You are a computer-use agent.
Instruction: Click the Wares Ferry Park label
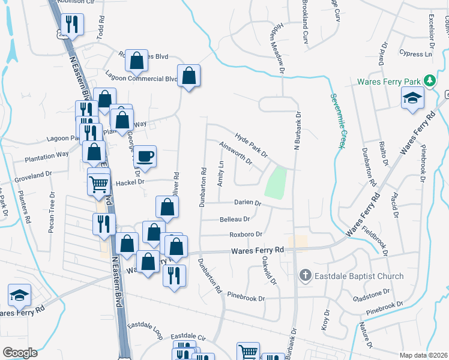390,82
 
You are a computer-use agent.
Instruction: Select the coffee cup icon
145,157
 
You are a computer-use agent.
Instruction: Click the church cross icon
305,276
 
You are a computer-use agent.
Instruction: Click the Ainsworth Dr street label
236,152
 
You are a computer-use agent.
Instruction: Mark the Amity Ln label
221,173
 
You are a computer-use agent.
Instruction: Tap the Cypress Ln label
418,54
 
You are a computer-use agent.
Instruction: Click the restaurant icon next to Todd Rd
72,25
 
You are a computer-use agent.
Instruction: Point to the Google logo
20,352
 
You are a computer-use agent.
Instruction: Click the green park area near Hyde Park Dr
276,184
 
